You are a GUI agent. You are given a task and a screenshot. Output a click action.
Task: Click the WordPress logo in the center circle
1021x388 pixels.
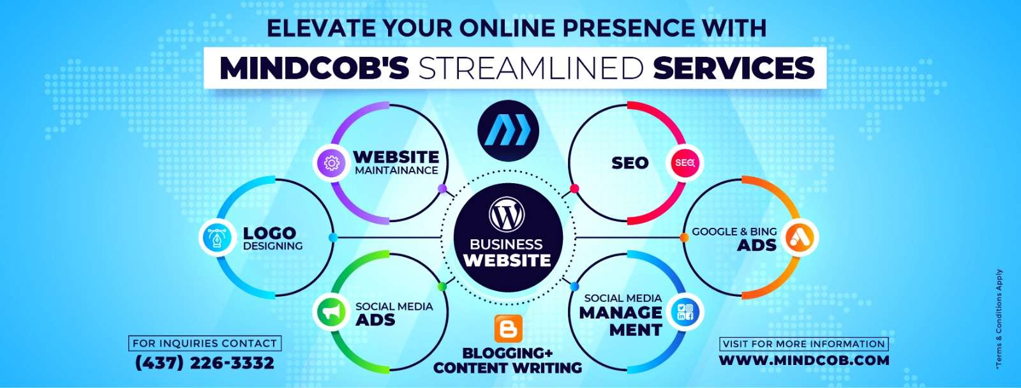coord(507,214)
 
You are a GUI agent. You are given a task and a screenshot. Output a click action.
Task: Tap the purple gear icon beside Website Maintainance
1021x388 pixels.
coord(331,163)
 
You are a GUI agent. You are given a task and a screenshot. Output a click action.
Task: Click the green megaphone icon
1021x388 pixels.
coord(331,312)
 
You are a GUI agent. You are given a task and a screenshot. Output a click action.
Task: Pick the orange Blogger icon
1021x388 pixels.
coord(508,328)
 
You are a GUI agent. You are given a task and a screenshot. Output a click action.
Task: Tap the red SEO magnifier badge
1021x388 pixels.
coord(685,163)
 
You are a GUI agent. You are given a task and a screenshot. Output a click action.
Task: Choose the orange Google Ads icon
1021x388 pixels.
coord(799,237)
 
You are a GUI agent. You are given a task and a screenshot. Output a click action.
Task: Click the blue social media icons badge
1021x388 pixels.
coord(685,312)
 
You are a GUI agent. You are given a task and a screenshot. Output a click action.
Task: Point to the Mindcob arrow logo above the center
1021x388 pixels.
coord(508,130)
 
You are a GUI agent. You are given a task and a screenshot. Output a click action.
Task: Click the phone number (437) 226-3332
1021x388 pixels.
coord(205,363)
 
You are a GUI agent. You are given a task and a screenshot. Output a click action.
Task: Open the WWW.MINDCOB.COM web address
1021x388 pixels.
coord(804,360)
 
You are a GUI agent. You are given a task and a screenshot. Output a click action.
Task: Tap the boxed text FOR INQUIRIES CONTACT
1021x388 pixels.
coord(205,343)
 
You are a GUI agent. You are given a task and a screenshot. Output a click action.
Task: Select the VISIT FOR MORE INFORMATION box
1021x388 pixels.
coord(804,344)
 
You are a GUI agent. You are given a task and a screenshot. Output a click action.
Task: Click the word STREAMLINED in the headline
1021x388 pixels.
coord(530,68)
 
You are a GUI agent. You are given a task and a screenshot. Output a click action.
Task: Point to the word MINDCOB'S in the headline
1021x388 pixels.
coord(314,68)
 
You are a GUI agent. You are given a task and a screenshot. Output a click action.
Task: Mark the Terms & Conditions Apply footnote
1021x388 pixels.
coord(999,318)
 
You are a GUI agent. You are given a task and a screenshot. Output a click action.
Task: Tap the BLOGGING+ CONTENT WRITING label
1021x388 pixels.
coord(508,360)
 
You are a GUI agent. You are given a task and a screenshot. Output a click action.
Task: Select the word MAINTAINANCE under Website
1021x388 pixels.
coord(396,170)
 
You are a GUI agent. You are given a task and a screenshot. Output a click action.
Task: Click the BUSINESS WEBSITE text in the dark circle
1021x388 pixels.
coord(507,252)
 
